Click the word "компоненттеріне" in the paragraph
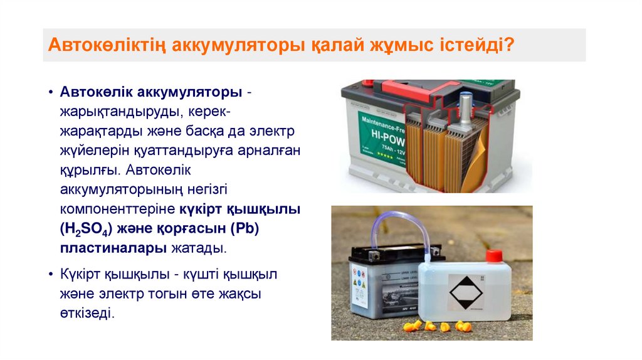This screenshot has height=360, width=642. pos(118,209)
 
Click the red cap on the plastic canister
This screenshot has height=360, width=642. pos(494,256)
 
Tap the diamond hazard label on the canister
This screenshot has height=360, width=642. pos(465,292)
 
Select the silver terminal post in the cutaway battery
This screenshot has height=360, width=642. pos(466,110)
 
